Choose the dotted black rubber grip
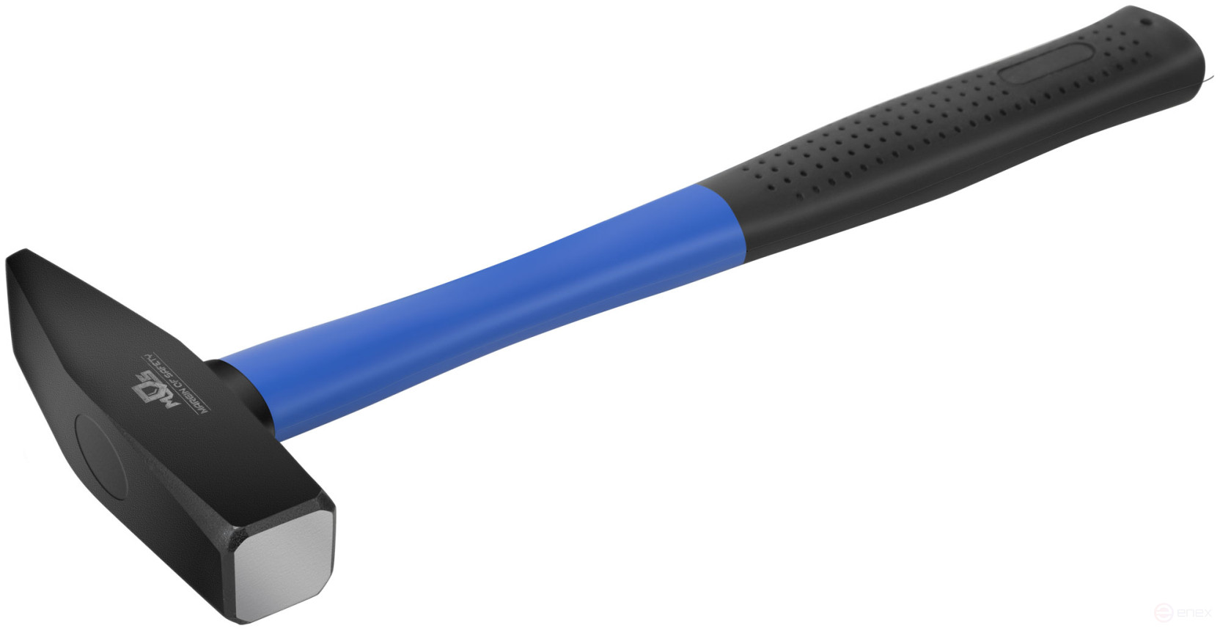(x=916, y=147)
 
